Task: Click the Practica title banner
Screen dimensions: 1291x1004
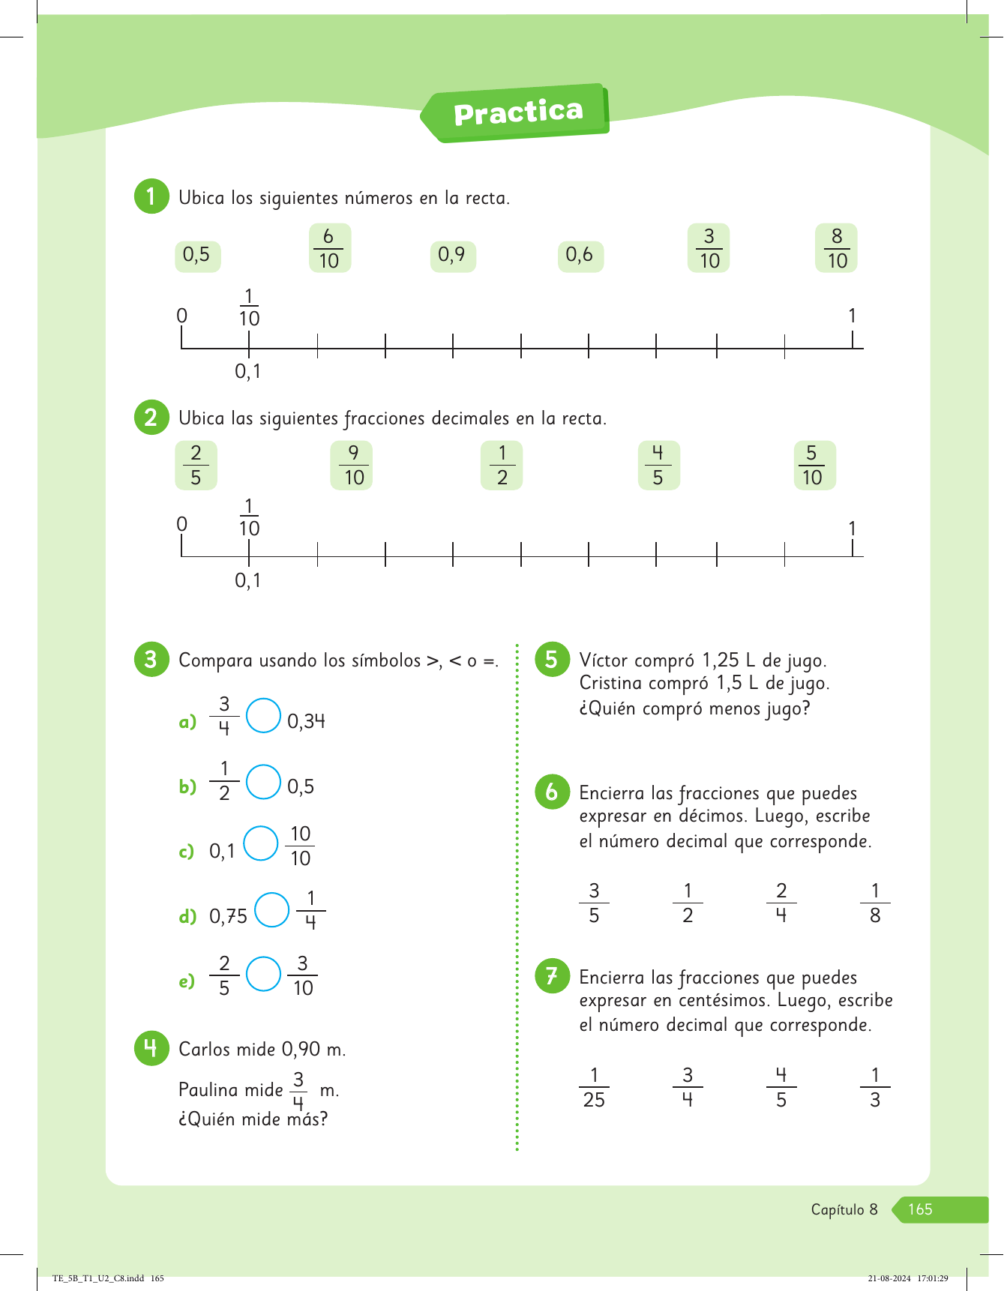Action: click(517, 112)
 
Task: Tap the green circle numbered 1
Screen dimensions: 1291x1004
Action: click(151, 196)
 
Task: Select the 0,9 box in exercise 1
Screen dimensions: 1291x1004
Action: click(452, 256)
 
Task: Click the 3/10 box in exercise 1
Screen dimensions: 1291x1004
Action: click(709, 248)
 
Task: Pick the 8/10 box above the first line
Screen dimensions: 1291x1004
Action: click(836, 248)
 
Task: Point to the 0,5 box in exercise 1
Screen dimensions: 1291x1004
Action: click(196, 256)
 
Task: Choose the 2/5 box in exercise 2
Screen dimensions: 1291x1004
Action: click(196, 466)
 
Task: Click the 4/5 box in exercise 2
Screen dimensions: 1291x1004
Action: click(658, 466)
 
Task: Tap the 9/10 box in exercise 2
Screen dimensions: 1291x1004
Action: click(352, 466)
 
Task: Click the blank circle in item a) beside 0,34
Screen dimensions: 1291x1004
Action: click(263, 715)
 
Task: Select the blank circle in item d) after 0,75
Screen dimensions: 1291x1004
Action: click(271, 909)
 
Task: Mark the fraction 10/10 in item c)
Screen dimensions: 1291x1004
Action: click(300, 846)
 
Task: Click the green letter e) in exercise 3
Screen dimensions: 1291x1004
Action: click(187, 981)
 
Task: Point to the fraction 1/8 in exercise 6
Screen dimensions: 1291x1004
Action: click(874, 903)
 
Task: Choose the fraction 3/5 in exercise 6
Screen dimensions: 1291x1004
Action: click(594, 903)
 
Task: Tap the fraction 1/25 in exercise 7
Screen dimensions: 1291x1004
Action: click(594, 1087)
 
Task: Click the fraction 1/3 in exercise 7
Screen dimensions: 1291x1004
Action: click(874, 1087)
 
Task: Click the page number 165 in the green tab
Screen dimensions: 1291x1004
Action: click(920, 1209)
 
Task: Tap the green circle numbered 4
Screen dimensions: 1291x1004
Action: click(151, 1048)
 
